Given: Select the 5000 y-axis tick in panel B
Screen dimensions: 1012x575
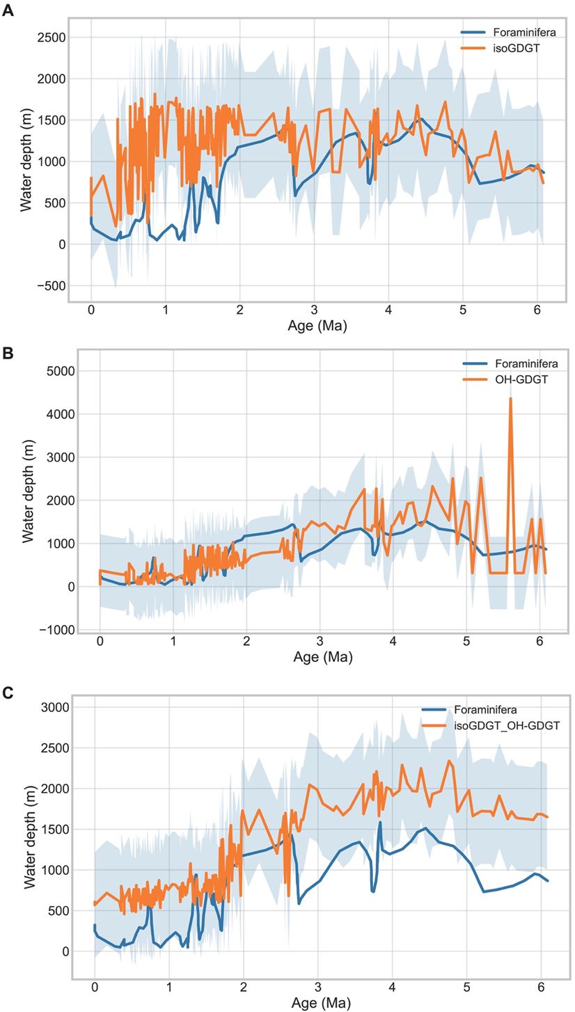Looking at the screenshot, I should [54, 371].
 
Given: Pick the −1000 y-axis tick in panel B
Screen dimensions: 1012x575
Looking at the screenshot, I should [50, 630].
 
